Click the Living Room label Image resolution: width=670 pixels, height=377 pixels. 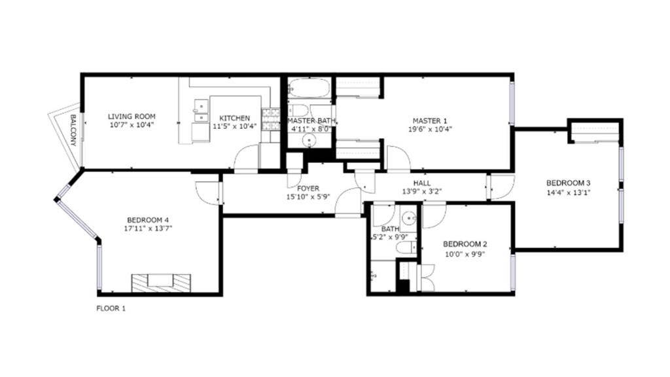point(132,117)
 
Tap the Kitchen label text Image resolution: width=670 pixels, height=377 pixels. point(234,118)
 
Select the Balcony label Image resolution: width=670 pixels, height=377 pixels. point(73,130)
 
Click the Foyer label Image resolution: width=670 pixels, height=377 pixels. point(308,188)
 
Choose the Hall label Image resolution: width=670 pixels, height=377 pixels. point(422,183)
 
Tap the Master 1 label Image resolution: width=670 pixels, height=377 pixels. point(430,120)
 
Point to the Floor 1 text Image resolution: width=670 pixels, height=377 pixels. point(111,308)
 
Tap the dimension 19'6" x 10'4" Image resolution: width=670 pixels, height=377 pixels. point(430,129)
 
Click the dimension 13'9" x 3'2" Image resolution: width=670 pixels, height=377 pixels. point(422,192)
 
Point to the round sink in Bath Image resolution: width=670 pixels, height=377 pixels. point(409,218)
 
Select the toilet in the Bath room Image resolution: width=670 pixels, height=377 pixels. point(406,247)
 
